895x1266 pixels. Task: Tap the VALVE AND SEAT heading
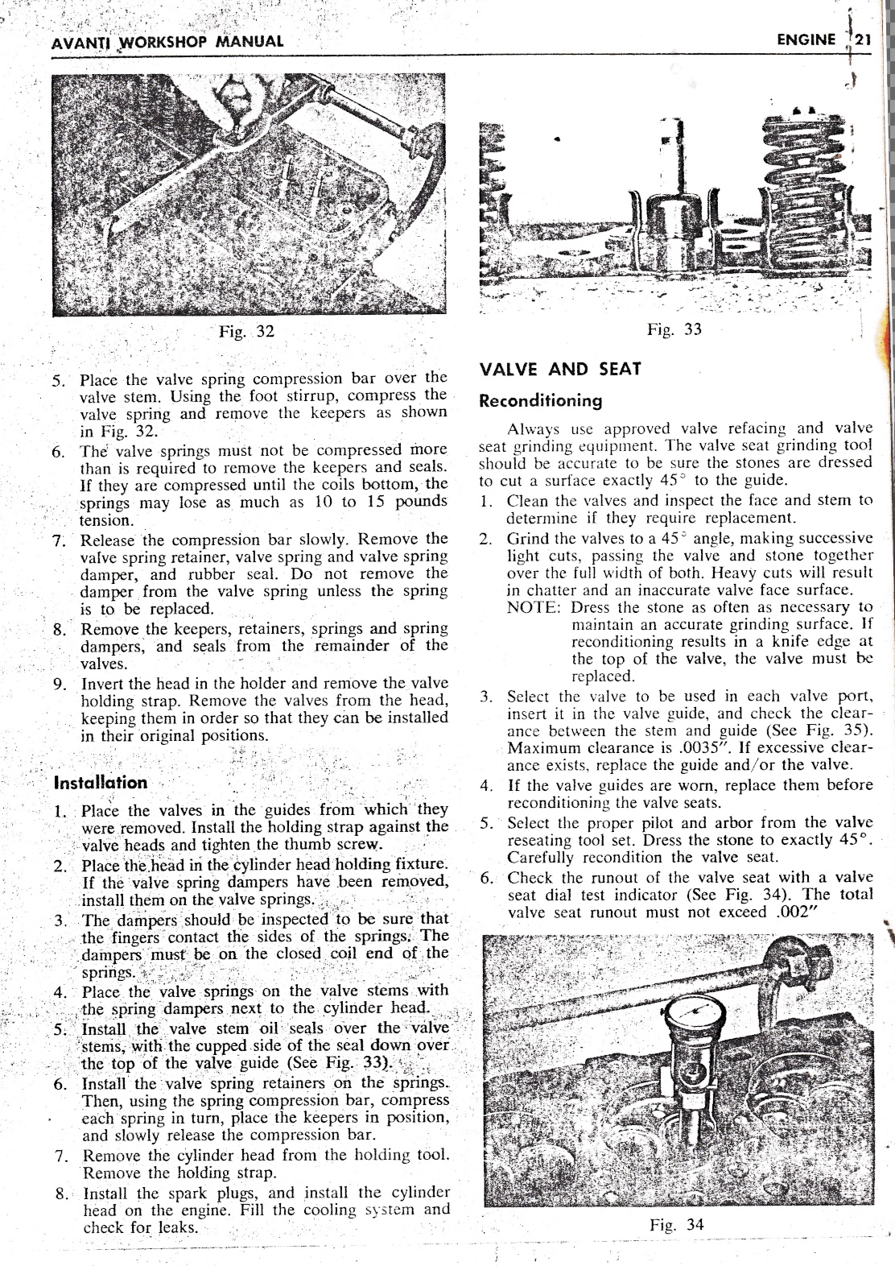[560, 370]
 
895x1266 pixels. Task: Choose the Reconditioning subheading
[540, 400]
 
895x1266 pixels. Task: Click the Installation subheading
[101, 783]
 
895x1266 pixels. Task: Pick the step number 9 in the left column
[58, 685]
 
